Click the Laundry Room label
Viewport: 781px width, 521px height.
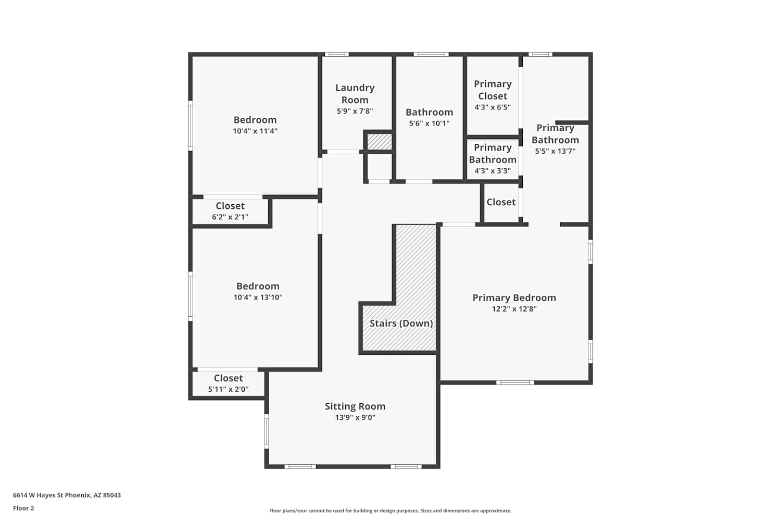tap(355, 94)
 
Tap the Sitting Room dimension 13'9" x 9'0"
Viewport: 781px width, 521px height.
tap(355, 417)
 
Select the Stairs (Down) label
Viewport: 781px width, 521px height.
tap(401, 324)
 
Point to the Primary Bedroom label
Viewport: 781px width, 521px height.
tap(514, 297)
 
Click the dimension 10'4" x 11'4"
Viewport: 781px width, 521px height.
tap(255, 131)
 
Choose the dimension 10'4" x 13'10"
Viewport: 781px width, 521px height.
tap(258, 297)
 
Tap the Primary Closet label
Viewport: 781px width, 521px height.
tap(493, 90)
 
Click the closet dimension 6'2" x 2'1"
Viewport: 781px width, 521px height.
tap(230, 217)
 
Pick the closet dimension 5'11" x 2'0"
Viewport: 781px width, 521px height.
tap(228, 389)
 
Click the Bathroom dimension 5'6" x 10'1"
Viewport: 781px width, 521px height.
tap(429, 123)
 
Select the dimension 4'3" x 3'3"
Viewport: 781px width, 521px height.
tap(493, 171)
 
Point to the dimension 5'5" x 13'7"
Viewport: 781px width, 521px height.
tap(555, 151)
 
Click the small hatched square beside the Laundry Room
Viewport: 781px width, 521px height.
tap(380, 142)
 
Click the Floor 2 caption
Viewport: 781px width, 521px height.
tap(23, 508)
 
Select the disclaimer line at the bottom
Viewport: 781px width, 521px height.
tap(390, 511)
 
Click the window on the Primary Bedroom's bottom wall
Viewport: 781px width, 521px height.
tap(515, 382)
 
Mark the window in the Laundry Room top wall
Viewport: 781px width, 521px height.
tap(336, 54)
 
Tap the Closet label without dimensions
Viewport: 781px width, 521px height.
tap(501, 202)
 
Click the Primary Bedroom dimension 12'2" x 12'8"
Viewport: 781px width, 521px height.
tap(514, 309)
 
